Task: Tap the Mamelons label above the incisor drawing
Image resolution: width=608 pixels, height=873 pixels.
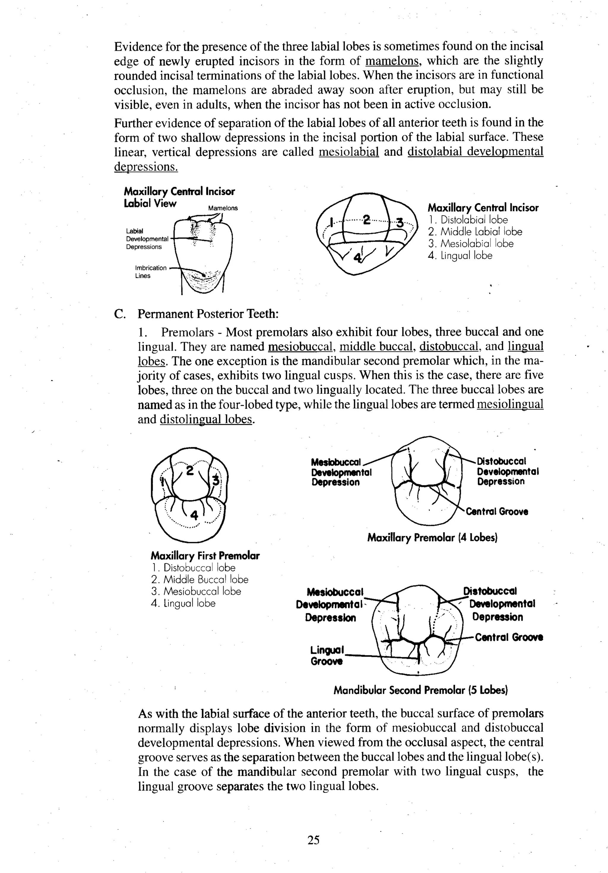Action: (223, 208)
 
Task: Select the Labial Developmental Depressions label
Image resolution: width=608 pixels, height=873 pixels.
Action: (147, 239)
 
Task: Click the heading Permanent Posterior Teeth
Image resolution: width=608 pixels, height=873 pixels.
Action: (208, 314)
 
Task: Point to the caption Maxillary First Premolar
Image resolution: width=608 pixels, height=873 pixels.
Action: (205, 555)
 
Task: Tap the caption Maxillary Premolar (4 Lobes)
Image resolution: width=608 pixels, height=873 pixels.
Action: (432, 537)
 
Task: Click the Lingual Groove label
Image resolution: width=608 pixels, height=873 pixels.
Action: (327, 655)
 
